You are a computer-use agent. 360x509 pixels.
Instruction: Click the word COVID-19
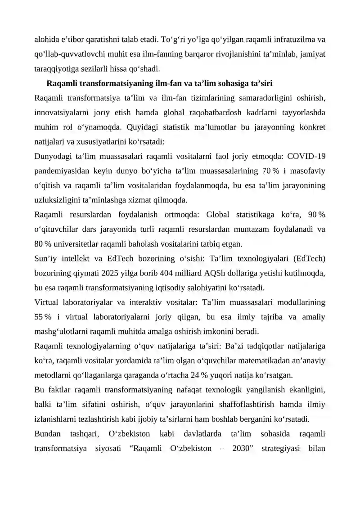click(x=306, y=157)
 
